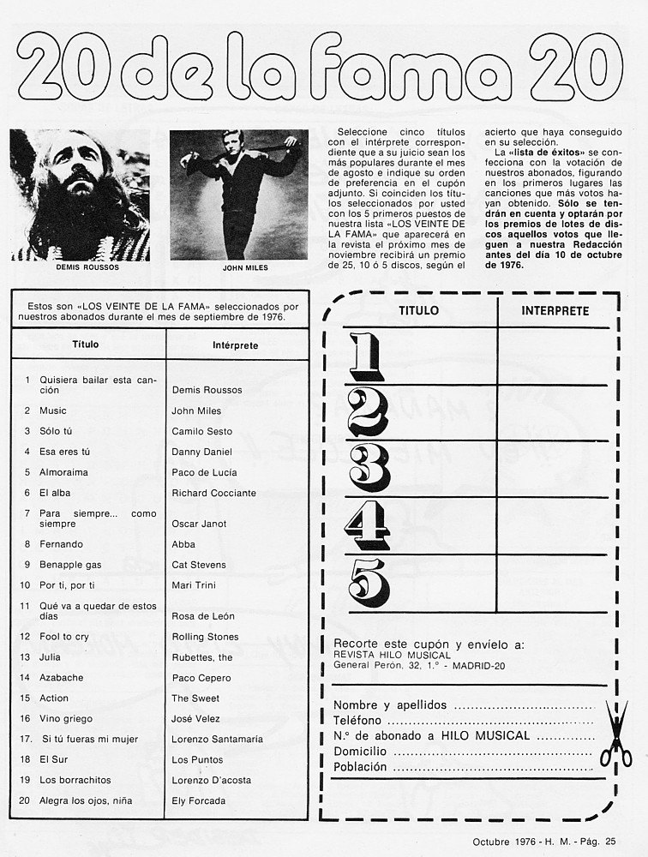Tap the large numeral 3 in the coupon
click(x=369, y=467)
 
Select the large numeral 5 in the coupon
click(x=369, y=582)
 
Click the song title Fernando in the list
click(x=61, y=544)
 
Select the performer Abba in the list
click(x=183, y=544)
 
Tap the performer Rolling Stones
click(x=205, y=637)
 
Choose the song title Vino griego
click(x=66, y=719)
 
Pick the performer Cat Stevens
click(x=199, y=565)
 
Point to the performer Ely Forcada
click(x=199, y=801)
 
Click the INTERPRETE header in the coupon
click(x=555, y=311)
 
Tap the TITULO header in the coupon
click(x=419, y=311)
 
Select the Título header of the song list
click(x=86, y=345)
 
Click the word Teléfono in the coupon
click(x=357, y=721)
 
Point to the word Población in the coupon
click(x=360, y=767)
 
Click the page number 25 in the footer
click(x=609, y=842)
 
